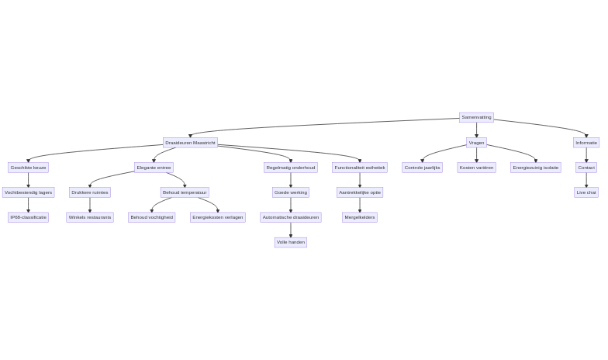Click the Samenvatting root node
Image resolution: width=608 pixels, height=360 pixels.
[x=476, y=117]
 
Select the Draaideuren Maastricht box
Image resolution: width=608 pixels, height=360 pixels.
[x=190, y=143]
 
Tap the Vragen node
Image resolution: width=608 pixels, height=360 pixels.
[x=476, y=143]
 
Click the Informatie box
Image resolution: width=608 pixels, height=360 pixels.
[x=586, y=143]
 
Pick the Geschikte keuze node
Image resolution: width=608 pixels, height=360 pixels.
[x=28, y=168]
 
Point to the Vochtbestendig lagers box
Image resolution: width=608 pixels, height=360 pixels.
[x=28, y=192]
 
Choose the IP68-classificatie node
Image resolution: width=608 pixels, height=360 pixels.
[x=28, y=217]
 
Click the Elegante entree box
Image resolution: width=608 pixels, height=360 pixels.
[x=154, y=168]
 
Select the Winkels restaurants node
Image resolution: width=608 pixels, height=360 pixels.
[x=89, y=217]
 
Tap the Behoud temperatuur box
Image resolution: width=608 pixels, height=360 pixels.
[x=185, y=192]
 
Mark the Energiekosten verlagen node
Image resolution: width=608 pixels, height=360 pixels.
[x=218, y=217]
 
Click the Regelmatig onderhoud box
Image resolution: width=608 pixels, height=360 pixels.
[x=291, y=168]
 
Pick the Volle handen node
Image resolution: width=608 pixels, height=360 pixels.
[x=291, y=242]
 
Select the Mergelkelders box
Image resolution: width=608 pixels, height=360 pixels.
[x=360, y=217]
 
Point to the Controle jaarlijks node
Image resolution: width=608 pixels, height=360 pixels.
[x=422, y=168]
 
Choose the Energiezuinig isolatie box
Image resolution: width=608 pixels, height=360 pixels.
[x=535, y=168]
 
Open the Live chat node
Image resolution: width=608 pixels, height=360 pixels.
[x=586, y=192]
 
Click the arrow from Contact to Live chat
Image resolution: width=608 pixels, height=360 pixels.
[x=586, y=180]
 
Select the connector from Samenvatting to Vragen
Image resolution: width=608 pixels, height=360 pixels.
[x=476, y=130]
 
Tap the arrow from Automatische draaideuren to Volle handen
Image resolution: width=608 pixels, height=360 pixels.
[x=291, y=230]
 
